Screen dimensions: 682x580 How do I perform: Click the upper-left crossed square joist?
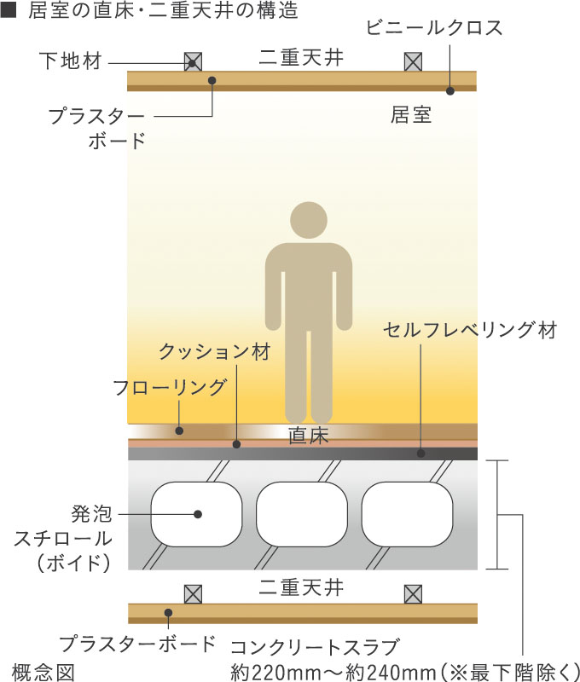[x=194, y=62]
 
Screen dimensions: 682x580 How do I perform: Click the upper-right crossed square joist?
[x=413, y=62]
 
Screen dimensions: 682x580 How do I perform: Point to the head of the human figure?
[x=308, y=221]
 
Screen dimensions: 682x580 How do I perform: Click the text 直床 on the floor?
[x=308, y=435]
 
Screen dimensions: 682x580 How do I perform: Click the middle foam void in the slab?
[x=301, y=513]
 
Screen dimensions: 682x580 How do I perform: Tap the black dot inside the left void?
[x=197, y=514]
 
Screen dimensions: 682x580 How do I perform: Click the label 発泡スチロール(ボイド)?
[x=63, y=538]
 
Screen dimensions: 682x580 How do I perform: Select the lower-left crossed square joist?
[x=194, y=592]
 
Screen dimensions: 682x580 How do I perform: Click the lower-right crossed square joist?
[x=413, y=592]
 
